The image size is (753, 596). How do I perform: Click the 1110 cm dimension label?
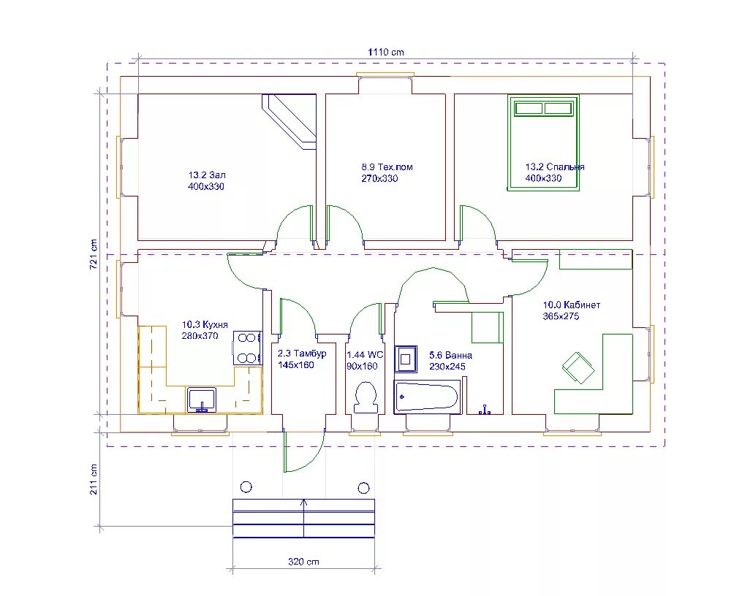tap(385, 52)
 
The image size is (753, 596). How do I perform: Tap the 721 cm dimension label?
tap(94, 254)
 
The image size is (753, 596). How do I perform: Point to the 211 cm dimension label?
tap(94, 479)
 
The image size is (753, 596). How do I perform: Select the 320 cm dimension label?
tap(303, 562)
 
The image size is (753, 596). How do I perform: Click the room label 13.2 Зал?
tap(206, 175)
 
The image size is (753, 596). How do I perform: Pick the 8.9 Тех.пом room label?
tap(387, 167)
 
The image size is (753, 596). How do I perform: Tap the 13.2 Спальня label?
tap(555, 167)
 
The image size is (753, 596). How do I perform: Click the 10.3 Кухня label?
tap(205, 324)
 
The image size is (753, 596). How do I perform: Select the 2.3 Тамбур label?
tap(302, 354)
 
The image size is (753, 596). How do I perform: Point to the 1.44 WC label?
tap(365, 355)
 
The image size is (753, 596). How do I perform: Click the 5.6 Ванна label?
tap(450, 355)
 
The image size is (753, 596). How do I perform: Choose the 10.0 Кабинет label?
tap(572, 305)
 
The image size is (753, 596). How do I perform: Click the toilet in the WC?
tap(365, 397)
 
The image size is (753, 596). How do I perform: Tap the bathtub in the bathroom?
tap(428, 397)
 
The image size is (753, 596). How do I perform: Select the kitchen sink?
tap(202, 400)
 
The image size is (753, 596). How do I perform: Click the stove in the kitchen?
tap(247, 348)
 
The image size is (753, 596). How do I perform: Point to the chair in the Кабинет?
tap(579, 367)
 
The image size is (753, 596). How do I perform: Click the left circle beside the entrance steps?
tap(246, 487)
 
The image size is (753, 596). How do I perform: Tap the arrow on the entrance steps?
tap(303, 518)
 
